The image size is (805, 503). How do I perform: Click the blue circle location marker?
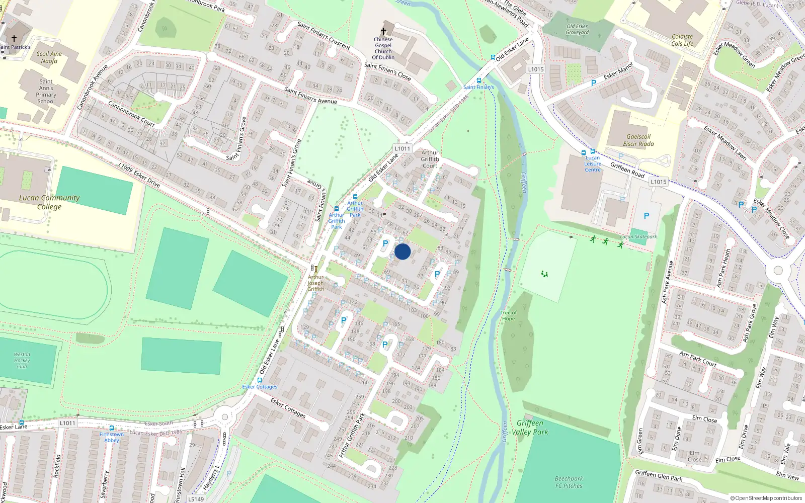[x=403, y=251]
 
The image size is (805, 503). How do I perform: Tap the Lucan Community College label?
[x=49, y=202]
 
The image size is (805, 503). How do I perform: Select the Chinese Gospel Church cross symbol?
[x=383, y=31]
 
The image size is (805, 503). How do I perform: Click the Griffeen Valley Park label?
[x=530, y=428]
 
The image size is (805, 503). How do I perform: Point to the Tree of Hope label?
[x=508, y=316]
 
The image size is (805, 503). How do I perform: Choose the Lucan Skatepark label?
[x=638, y=236]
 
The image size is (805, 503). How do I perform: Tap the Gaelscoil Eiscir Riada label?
[x=638, y=140]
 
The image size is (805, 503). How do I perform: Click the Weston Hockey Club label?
[x=22, y=360]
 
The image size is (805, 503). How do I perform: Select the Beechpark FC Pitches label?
[x=569, y=482]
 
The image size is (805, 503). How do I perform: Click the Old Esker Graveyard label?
[x=577, y=29]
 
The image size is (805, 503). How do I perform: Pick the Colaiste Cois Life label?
[x=682, y=40]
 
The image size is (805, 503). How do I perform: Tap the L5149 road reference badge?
[x=196, y=499]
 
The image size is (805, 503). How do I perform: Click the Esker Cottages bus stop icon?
[x=260, y=380]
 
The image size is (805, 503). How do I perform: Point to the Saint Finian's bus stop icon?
[x=479, y=80]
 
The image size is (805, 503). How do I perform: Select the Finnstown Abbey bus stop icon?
[x=112, y=428]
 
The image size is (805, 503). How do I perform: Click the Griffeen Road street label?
[x=627, y=170]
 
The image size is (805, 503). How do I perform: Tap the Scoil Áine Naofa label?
[x=49, y=57]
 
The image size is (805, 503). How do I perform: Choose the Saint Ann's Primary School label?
[x=46, y=91]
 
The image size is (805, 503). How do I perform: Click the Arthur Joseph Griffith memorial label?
[x=316, y=283]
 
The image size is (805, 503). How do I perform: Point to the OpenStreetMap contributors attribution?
[x=766, y=498]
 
